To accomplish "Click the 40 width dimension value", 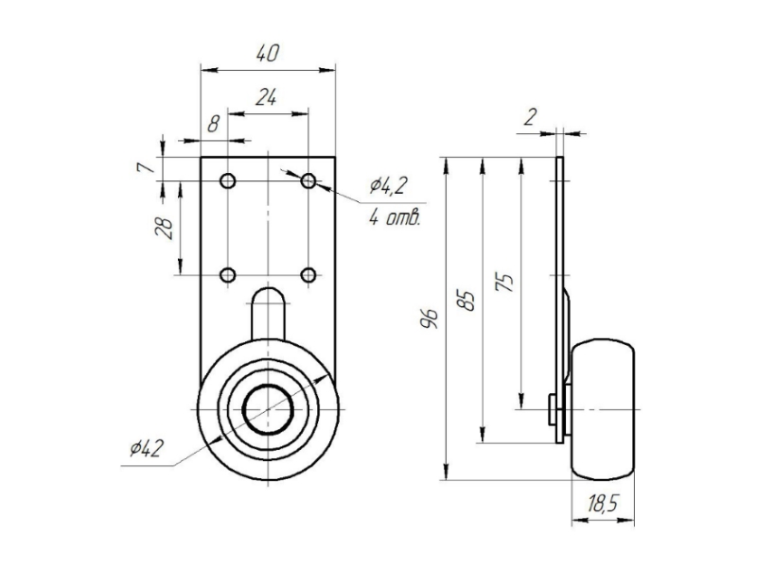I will coord(268,54).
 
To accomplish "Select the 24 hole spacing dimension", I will coord(268,97).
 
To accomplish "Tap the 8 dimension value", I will coord(214,123).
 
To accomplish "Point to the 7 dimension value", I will coord(144,167).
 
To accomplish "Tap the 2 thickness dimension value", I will coord(529,116).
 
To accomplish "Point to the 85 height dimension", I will coord(466,300).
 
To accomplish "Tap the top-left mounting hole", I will coord(228,180).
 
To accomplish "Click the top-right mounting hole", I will coord(308,180).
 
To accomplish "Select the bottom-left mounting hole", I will coord(228,275).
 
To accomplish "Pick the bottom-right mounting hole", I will coord(308,275).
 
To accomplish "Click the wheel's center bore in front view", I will coord(269,409).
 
